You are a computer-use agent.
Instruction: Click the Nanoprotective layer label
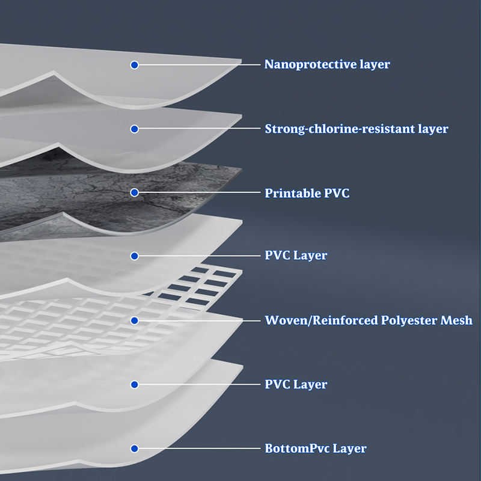pyautogui.click(x=327, y=64)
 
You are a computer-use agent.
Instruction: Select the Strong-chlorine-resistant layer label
pyautogui.click(x=357, y=129)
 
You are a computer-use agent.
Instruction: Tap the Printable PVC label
pyautogui.click(x=307, y=193)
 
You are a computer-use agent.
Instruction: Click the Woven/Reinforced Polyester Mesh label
pyautogui.click(x=369, y=320)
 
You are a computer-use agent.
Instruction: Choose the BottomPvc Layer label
pyautogui.click(x=315, y=449)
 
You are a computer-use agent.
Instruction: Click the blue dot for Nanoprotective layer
pyautogui.click(x=135, y=64)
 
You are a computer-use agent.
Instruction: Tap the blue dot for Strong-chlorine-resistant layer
pyautogui.click(x=135, y=129)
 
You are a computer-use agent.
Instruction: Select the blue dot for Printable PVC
pyautogui.click(x=135, y=192)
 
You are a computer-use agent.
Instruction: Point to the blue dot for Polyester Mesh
pyautogui.click(x=135, y=320)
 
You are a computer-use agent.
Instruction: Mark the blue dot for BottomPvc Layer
pyautogui.click(x=135, y=449)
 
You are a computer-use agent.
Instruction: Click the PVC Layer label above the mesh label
pyautogui.click(x=296, y=256)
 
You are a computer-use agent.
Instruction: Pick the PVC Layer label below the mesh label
pyautogui.click(x=296, y=384)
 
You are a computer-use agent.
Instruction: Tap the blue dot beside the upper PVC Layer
pyautogui.click(x=135, y=256)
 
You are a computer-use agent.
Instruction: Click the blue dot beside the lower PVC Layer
pyautogui.click(x=135, y=384)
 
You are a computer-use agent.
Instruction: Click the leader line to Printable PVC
pyautogui.click(x=198, y=192)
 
